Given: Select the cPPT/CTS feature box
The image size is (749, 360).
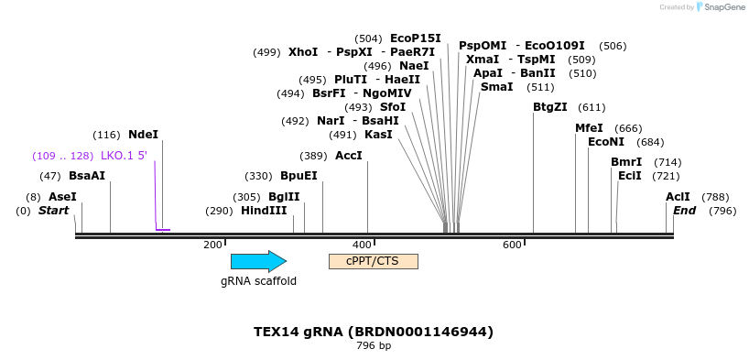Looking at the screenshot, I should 373,261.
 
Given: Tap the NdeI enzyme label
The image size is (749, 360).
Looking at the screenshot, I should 143,135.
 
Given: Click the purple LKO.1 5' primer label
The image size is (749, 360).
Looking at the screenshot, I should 124,156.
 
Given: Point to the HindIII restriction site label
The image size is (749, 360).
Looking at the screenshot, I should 264,211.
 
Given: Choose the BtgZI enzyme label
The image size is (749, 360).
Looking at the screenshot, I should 550,107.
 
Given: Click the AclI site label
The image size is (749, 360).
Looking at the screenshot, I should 678,197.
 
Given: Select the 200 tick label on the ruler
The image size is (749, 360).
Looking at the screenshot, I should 212,245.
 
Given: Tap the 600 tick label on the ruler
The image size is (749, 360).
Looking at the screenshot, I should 511,245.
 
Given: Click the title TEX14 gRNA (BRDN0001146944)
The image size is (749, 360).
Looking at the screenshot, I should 374,332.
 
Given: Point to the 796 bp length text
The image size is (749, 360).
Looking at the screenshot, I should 374,346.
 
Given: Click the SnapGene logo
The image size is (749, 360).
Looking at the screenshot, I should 720,7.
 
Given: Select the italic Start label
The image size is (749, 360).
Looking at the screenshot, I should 53,211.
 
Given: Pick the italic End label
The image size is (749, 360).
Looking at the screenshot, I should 685,211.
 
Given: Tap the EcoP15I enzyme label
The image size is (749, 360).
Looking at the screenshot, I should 415,38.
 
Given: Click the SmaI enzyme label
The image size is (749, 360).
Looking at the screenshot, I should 497,87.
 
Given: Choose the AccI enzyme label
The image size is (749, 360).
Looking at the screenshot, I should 349,156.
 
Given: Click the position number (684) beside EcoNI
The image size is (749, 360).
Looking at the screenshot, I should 650,142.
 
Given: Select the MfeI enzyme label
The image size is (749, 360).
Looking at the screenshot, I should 589,128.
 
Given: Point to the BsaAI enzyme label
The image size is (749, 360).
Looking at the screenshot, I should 87,176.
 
